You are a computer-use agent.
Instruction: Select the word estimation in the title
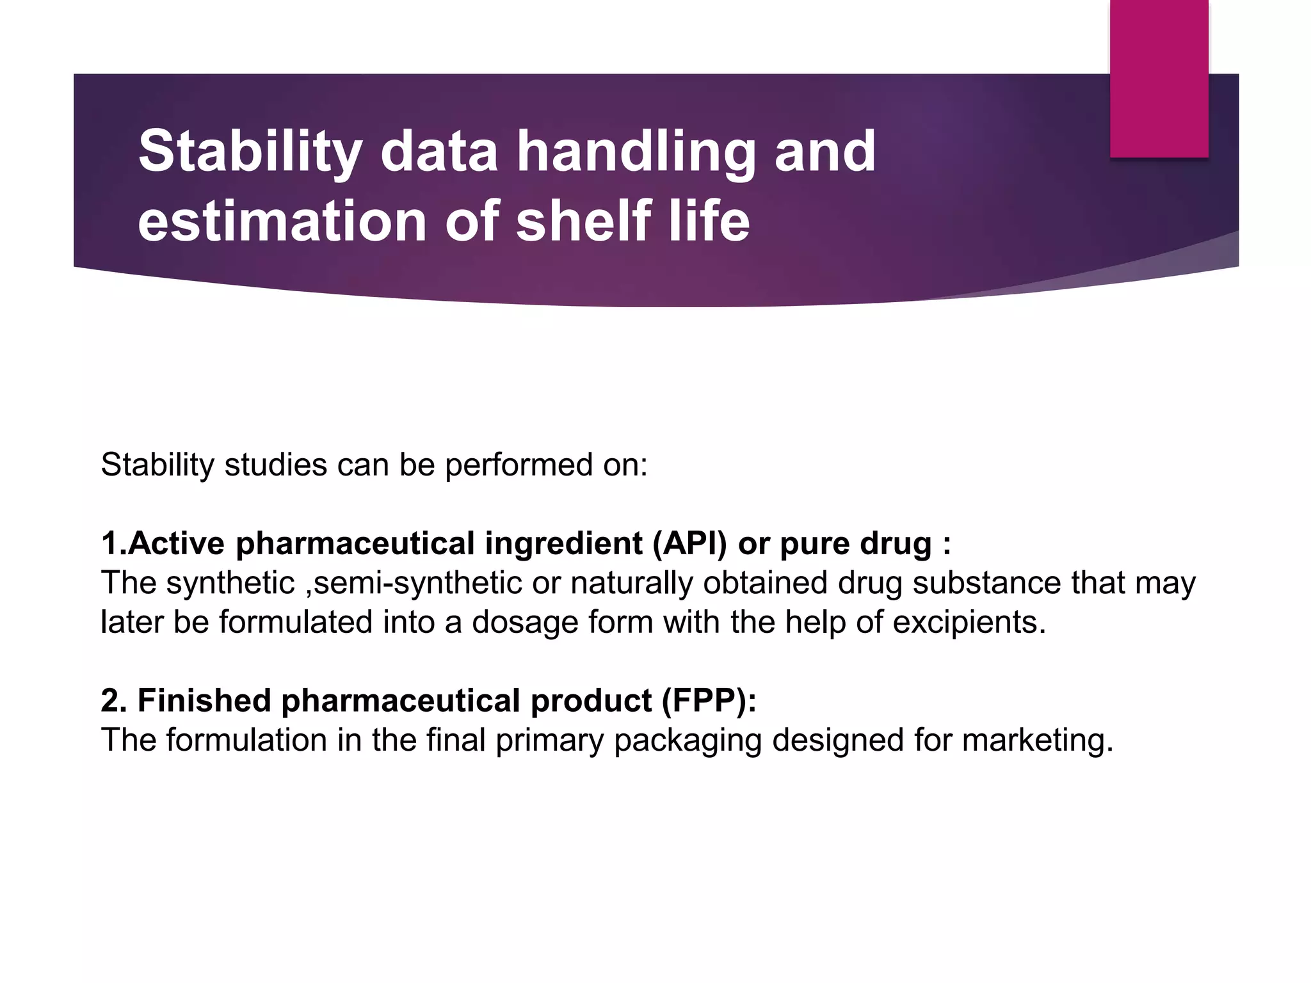point(282,221)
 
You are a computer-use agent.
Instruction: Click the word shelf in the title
point(583,221)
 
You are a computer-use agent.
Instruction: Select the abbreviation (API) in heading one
point(689,543)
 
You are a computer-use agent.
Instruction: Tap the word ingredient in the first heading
point(563,543)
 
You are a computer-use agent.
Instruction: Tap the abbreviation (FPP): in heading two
point(709,701)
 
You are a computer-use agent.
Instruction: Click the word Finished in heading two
point(204,701)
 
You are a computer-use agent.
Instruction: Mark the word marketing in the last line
point(1037,740)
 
